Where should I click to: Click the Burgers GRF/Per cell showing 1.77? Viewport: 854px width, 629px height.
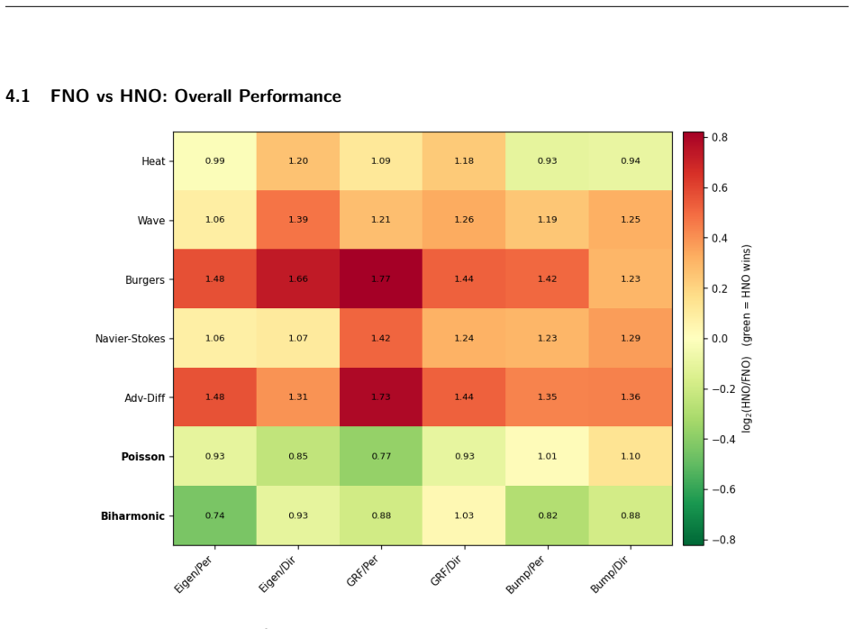tap(381, 279)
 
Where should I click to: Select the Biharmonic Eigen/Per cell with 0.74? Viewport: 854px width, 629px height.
tap(215, 515)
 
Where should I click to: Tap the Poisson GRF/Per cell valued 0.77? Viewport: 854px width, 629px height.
tap(381, 456)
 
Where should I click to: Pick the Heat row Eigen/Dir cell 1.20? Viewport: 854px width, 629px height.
tap(298, 160)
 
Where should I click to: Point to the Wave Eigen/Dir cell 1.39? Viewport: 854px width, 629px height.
tap(298, 220)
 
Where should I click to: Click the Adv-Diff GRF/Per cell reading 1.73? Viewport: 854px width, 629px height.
tap(381, 397)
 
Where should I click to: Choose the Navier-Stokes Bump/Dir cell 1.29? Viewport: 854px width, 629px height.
tap(631, 338)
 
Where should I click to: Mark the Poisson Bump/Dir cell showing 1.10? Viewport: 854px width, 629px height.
tap(631, 456)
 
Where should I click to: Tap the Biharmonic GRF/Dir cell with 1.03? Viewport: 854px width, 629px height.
tap(464, 515)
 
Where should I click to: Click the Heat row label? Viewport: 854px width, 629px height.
tap(153, 161)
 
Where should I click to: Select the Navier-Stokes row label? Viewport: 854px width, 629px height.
tap(130, 339)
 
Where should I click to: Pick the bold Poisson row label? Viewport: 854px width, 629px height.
tap(142, 457)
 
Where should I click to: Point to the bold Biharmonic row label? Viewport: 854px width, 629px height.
tap(132, 516)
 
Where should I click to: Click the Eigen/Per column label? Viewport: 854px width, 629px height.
tap(193, 575)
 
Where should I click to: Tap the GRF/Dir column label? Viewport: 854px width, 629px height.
tap(446, 570)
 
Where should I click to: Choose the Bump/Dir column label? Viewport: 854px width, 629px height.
tap(609, 575)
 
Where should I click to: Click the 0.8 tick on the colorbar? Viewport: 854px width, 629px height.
tap(720, 137)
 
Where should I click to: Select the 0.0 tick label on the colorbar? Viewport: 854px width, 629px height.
tap(720, 339)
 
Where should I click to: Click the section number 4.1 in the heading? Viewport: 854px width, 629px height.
tap(17, 96)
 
